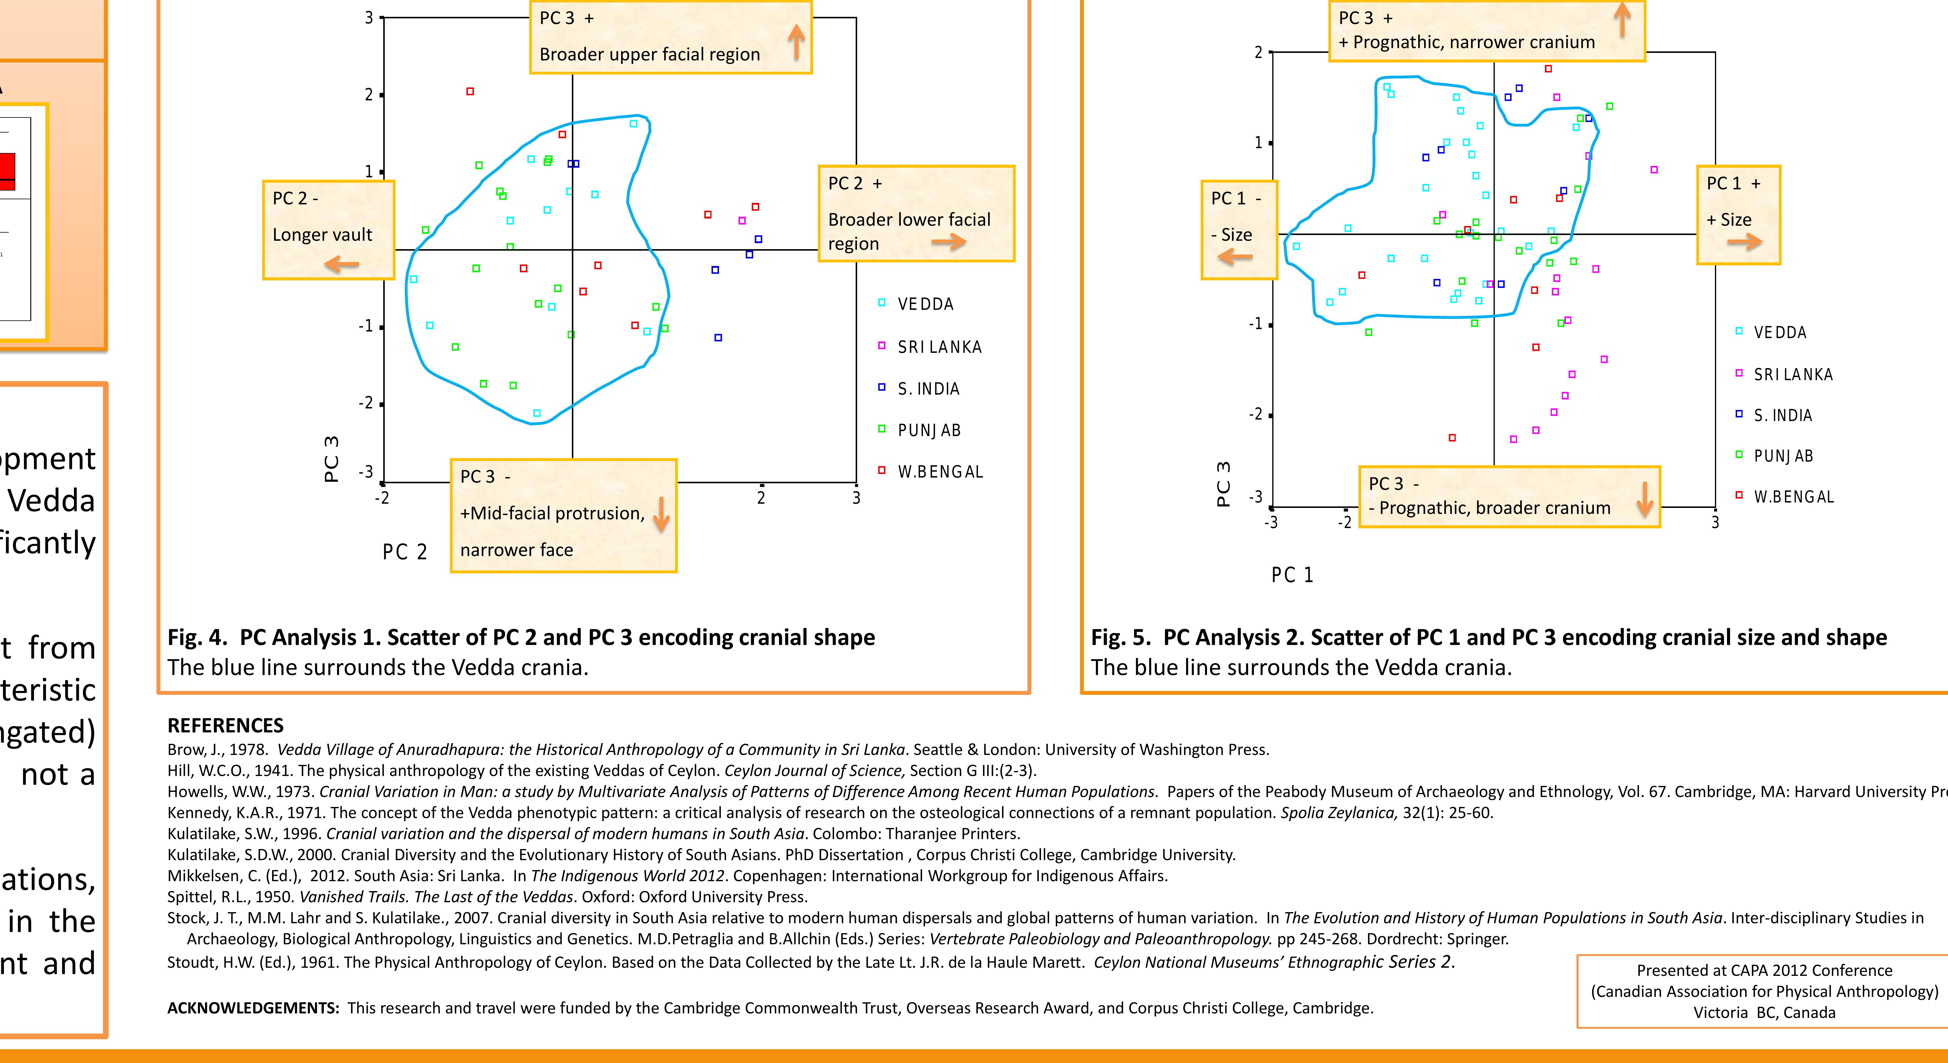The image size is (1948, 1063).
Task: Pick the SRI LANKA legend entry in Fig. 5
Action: pyautogui.click(x=1792, y=374)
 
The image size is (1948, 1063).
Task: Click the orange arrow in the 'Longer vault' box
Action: pyautogui.click(x=342, y=264)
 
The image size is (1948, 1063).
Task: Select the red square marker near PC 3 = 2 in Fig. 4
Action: pyautogui.click(x=470, y=92)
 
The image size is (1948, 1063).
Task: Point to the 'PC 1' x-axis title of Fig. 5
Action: pyautogui.click(x=1292, y=575)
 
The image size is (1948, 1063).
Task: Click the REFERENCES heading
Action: pyautogui.click(x=225, y=725)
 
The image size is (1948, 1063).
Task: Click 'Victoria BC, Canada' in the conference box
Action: pyautogui.click(x=1764, y=1012)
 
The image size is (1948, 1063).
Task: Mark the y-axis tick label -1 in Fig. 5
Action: pyautogui.click(x=1255, y=324)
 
